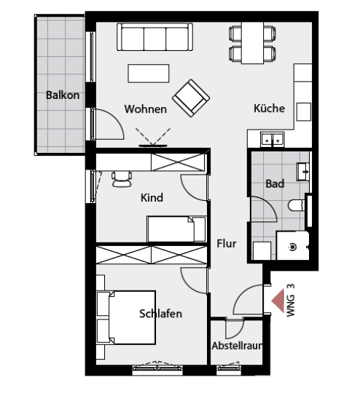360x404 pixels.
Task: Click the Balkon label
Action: (63, 95)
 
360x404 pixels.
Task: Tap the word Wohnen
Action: (146, 109)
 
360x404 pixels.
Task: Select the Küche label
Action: (269, 108)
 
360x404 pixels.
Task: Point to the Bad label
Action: (275, 183)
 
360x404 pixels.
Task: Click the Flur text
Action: (227, 243)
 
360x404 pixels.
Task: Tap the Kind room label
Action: (152, 197)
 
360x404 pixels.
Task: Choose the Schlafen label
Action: (160, 314)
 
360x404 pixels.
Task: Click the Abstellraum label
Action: (237, 346)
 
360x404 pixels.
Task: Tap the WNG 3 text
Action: (291, 301)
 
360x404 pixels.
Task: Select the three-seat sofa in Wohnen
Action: (154, 36)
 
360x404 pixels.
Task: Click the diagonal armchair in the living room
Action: (191, 98)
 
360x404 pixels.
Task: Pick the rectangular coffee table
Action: (149, 74)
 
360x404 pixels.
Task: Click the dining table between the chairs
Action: (252, 43)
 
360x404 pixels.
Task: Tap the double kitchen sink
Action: (273, 139)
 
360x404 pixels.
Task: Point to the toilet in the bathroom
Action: (297, 205)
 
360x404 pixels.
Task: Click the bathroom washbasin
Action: (303, 171)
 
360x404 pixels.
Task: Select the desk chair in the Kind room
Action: (122, 179)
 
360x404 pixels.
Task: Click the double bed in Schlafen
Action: (126, 317)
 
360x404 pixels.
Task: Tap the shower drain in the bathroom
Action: (293, 247)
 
